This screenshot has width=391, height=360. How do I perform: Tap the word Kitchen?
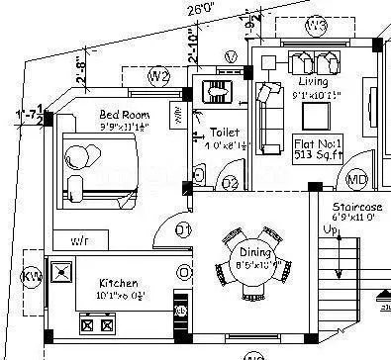click(119, 282)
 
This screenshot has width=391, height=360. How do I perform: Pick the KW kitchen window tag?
click(32, 275)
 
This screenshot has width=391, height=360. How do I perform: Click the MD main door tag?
click(355, 179)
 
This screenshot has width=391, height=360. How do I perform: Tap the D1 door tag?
click(183, 231)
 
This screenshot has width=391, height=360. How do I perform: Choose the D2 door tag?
click(229, 182)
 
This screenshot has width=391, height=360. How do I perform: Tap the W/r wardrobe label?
click(80, 240)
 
